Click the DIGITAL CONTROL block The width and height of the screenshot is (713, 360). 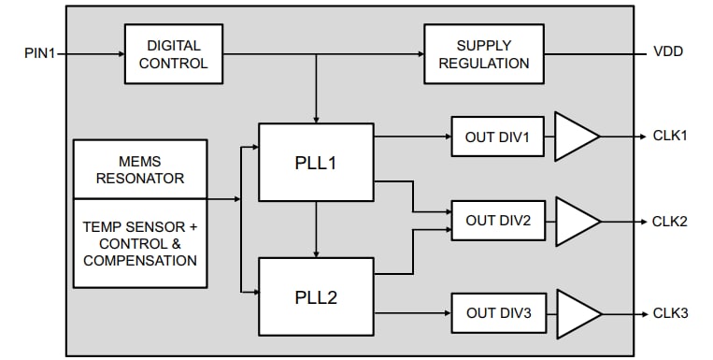(x=174, y=53)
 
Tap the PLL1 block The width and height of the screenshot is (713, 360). (x=316, y=162)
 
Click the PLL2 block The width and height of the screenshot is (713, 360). (x=316, y=297)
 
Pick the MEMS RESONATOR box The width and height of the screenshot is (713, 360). (x=139, y=169)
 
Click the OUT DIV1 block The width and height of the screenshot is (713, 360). (x=498, y=137)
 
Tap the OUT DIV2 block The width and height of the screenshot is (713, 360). (x=498, y=221)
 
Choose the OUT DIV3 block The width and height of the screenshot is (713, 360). (x=498, y=313)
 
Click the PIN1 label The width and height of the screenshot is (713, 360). (x=40, y=53)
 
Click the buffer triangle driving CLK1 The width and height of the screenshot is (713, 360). (x=574, y=137)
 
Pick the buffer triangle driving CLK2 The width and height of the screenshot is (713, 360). (x=574, y=222)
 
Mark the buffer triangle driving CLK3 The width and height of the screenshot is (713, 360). (x=574, y=313)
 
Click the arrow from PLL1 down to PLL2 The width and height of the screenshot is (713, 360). (x=317, y=229)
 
